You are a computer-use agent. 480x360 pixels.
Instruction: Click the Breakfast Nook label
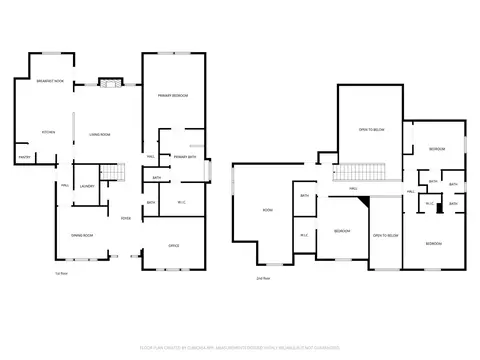[x=50, y=81]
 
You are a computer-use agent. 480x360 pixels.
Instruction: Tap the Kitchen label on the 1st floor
[x=47, y=132]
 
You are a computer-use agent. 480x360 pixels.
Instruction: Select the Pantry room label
[x=23, y=156]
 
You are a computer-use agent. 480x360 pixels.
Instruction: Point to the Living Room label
[x=99, y=133]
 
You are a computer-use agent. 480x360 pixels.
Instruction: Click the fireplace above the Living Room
[x=108, y=83]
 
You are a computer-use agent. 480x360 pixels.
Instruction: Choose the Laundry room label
[x=87, y=186]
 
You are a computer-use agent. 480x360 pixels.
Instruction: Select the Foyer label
[x=127, y=218]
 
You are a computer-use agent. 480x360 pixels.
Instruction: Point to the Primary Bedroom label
[x=174, y=95]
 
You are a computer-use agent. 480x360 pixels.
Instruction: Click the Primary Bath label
[x=185, y=157]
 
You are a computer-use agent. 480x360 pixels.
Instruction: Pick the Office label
[x=173, y=245]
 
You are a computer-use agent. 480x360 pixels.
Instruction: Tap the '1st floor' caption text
[x=61, y=272]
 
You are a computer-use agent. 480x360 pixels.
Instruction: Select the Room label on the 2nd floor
[x=268, y=210]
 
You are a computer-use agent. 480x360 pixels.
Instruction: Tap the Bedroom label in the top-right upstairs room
[x=437, y=149]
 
